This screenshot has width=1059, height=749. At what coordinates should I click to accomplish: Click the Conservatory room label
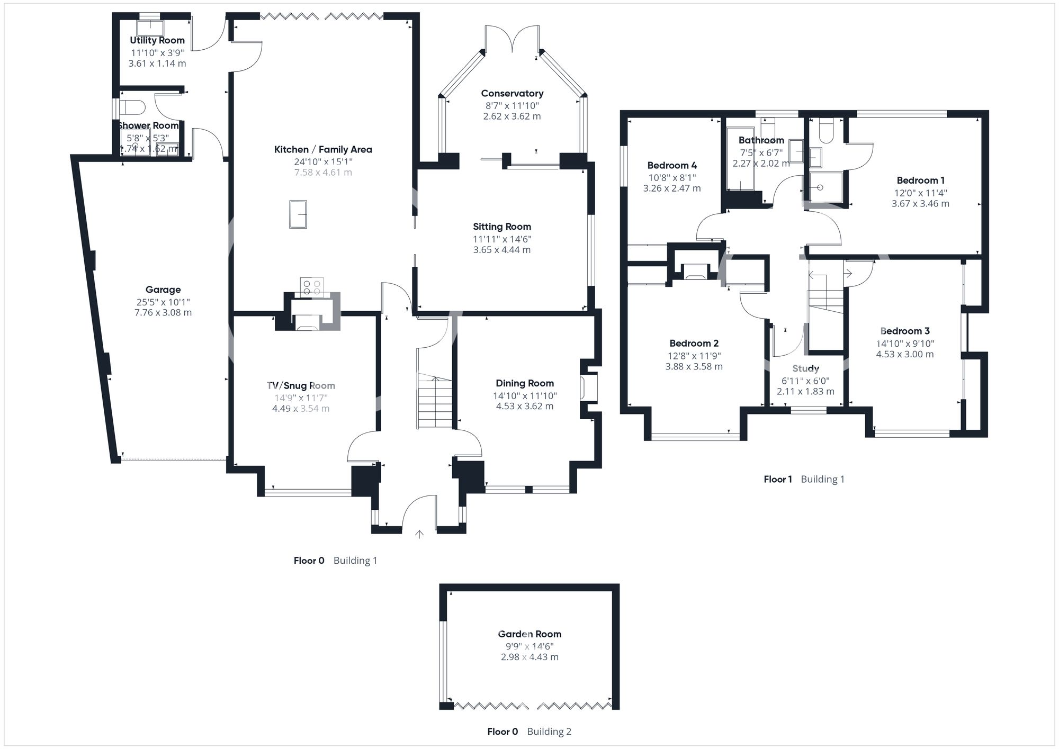point(512,93)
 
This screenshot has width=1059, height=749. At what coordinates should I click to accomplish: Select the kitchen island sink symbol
point(298,214)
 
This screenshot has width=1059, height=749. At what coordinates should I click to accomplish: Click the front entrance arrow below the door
point(419,535)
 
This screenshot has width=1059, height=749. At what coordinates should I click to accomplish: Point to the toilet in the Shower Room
point(132,107)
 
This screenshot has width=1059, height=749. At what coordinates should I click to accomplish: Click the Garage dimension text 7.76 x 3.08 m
point(163,313)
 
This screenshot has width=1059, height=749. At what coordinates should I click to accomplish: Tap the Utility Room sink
point(150,28)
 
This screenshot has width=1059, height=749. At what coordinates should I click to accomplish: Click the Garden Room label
point(529,634)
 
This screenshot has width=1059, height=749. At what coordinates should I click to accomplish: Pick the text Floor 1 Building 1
point(804,479)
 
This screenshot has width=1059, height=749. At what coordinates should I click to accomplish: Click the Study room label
point(805,368)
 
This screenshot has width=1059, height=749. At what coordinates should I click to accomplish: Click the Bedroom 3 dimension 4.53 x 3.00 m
point(905,354)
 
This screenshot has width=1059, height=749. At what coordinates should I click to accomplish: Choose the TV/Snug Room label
point(301,385)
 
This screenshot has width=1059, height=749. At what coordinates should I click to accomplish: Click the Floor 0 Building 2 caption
point(529,732)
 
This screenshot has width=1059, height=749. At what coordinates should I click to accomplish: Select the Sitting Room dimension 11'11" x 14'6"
point(502,239)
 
